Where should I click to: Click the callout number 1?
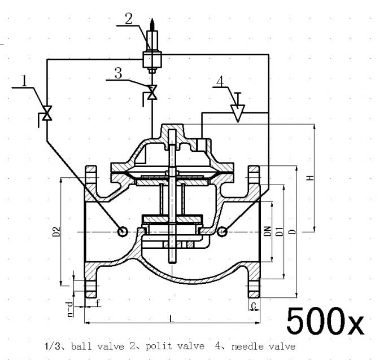point(24,81)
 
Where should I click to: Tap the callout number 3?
point(118,73)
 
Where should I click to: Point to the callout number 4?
point(220,80)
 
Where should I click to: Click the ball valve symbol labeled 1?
point(47,112)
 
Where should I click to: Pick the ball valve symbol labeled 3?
point(151,93)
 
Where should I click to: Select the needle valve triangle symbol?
point(237,113)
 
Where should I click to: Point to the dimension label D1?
point(278,231)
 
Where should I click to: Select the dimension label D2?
point(56,231)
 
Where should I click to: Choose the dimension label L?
point(172,319)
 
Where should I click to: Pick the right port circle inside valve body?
point(222,231)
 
